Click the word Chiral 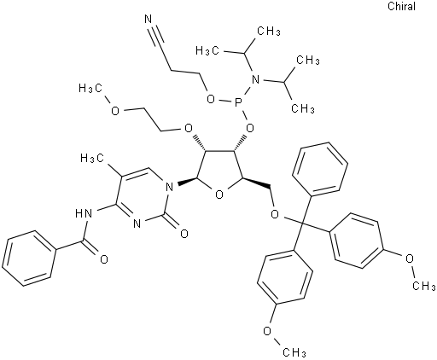pyautogui.click(x=402, y=6)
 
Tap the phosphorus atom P pyautogui.click(x=238, y=101)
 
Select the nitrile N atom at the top pyautogui.click(x=148, y=20)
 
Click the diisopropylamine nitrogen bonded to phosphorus pyautogui.click(x=256, y=79)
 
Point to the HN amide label pyautogui.click(x=84, y=212)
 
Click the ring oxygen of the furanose pyautogui.click(x=218, y=195)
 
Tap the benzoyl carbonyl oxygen pyautogui.click(x=104, y=259)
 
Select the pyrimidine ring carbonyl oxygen pyautogui.click(x=184, y=234)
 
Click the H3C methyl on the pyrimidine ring pyautogui.click(x=92, y=158)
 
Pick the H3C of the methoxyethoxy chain pyautogui.click(x=90, y=89)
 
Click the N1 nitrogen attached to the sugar pyautogui.click(x=170, y=187)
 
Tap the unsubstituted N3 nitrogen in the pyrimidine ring pyautogui.click(x=137, y=224)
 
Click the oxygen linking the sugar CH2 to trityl pyautogui.click(x=275, y=214)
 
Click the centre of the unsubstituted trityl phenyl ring pyautogui.click(x=320, y=170)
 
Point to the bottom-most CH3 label pyautogui.click(x=294, y=352)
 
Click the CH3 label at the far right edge pyautogui.click(x=424, y=286)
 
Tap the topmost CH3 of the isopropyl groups pyautogui.click(x=269, y=31)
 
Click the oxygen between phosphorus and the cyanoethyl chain pyautogui.click(x=211, y=99)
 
